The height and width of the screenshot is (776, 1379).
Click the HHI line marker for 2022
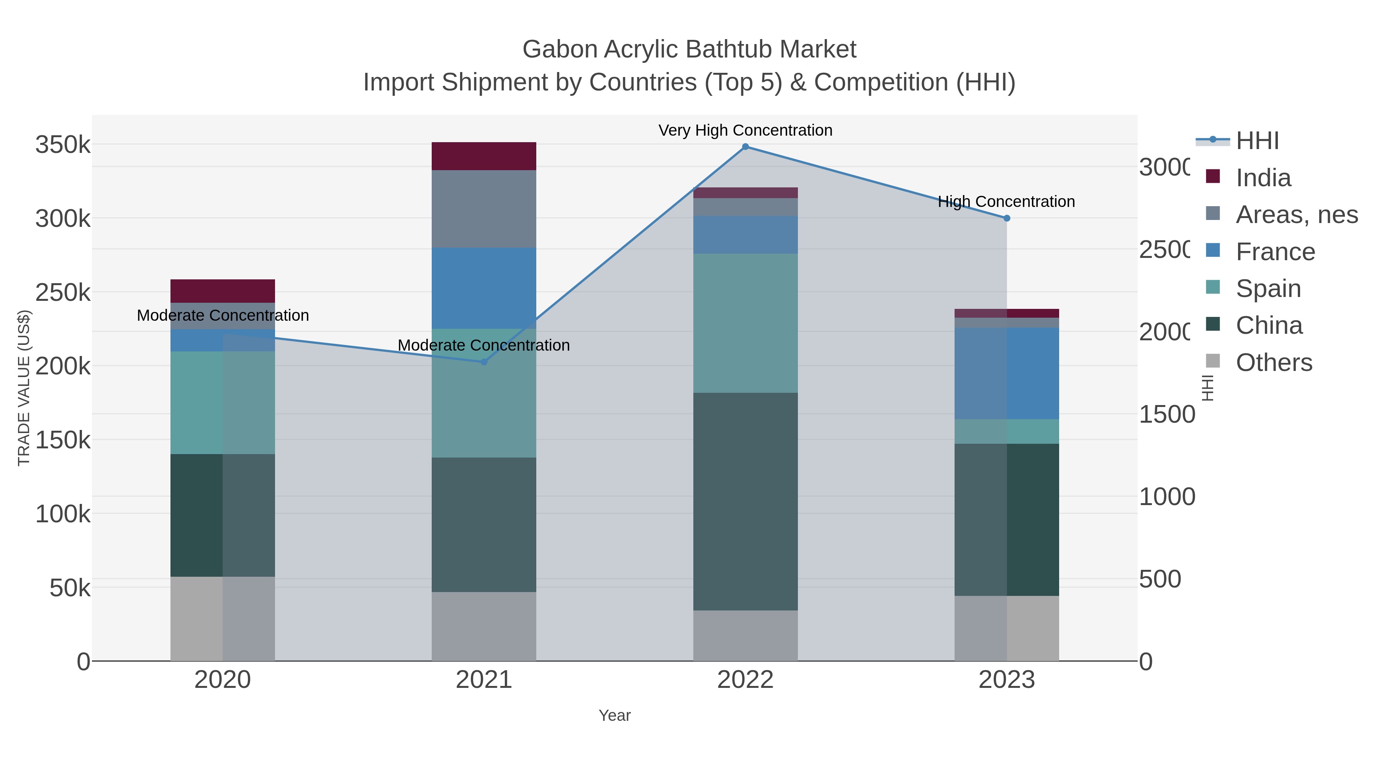[745, 147]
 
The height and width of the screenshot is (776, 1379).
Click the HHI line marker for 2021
[484, 362]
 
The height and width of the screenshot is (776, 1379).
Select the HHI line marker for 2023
[1006, 218]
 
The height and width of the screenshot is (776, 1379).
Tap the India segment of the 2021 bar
[484, 156]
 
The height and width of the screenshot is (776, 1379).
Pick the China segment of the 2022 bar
[745, 501]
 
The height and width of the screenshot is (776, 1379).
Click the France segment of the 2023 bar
[1006, 373]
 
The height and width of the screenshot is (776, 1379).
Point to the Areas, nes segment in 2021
[484, 209]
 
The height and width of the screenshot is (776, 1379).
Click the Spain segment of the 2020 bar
[223, 403]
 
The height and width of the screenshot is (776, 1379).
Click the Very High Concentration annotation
[745, 131]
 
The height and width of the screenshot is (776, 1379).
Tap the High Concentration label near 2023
[1006, 202]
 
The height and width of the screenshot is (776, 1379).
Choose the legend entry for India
[1263, 178]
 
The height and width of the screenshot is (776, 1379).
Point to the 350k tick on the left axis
[63, 144]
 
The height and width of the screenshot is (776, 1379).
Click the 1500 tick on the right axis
[1166, 415]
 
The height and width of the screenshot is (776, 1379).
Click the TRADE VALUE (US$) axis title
[24, 388]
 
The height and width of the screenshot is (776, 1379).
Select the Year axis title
[614, 715]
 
